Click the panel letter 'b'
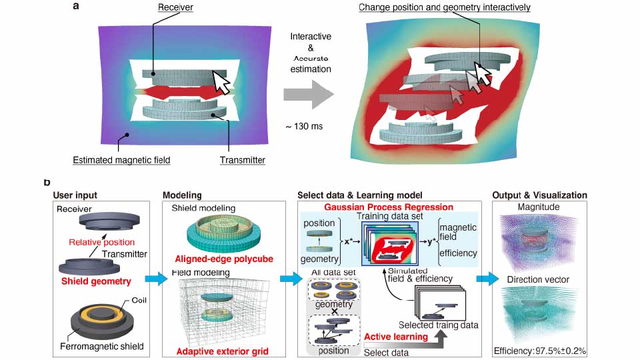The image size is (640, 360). tap(47, 181)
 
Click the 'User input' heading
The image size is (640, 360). tap(75, 195)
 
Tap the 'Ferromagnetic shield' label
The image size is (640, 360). tap(97, 347)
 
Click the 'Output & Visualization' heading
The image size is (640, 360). tap(539, 195)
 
